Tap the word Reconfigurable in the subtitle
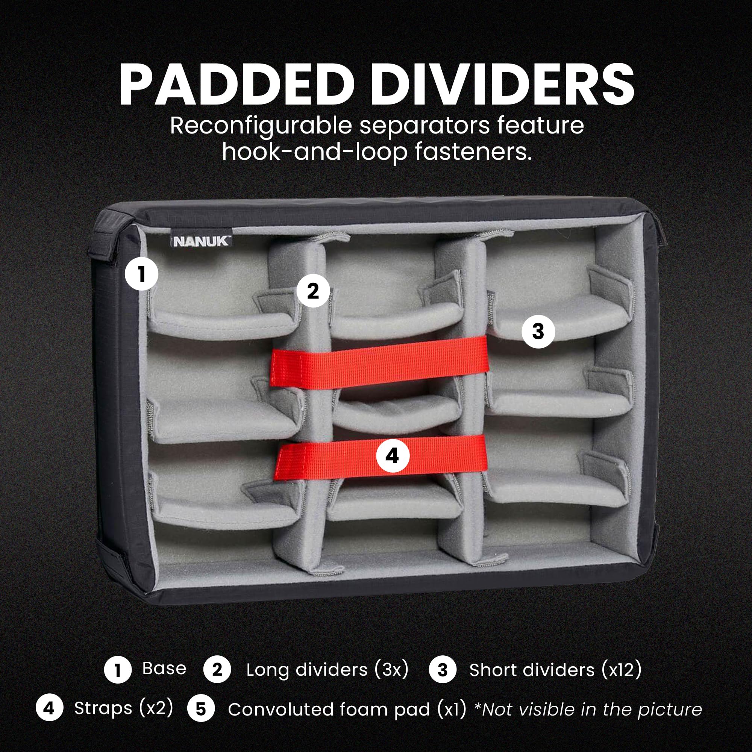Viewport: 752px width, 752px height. click(261, 126)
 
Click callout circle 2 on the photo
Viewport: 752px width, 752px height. click(313, 291)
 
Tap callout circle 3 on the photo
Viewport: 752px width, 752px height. click(538, 332)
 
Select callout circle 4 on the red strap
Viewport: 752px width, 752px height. click(392, 456)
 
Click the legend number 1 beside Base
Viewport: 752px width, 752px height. click(118, 670)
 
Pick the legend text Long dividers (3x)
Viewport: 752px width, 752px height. click(327, 670)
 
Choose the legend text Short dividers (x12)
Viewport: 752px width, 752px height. click(555, 670)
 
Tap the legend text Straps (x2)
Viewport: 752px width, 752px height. click(124, 708)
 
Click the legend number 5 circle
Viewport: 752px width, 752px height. click(201, 709)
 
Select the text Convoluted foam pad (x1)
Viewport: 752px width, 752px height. click(347, 709)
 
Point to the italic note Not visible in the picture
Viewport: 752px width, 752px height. click(588, 709)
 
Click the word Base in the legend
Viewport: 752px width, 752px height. click(164, 668)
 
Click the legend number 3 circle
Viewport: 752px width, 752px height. click(443, 670)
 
